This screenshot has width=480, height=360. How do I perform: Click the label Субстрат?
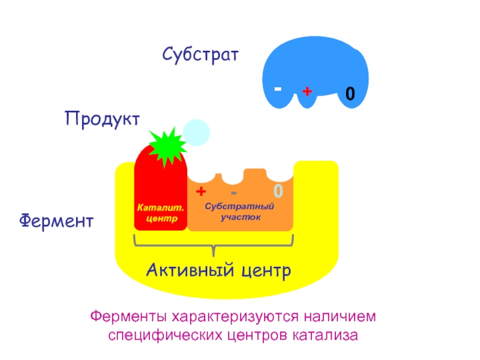tap(200, 55)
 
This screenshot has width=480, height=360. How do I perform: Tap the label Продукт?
tap(102, 119)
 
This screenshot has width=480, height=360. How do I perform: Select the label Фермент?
tap(56, 220)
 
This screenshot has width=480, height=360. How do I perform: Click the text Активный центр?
tap(218, 271)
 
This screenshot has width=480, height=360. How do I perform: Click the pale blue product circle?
tap(197, 133)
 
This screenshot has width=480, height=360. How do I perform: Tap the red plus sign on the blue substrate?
tap(307, 91)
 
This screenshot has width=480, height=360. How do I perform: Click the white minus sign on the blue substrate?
tap(278, 89)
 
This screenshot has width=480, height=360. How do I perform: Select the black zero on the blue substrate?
tap(350, 94)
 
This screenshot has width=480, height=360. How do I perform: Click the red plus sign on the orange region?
tap(201, 191)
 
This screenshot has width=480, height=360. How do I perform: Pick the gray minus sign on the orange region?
tap(233, 193)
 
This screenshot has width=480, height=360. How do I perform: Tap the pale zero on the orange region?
tap(278, 191)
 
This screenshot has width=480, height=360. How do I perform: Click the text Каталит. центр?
tap(161, 213)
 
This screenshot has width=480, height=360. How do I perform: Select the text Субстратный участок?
tap(239, 212)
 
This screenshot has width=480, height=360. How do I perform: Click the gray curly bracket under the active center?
tap(214, 245)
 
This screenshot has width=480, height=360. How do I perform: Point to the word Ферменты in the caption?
tap(128, 316)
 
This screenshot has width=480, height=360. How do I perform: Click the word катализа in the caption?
tap(325, 335)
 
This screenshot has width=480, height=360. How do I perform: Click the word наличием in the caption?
tap(340, 317)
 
